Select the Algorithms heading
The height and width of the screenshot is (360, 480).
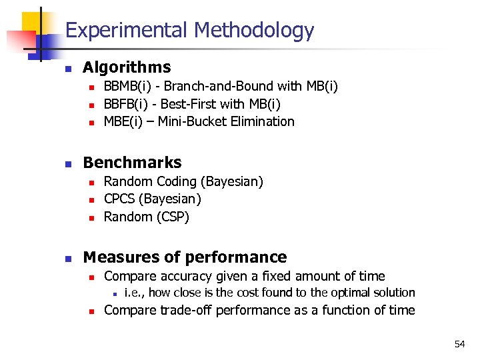127,67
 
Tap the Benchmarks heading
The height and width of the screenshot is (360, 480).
132,163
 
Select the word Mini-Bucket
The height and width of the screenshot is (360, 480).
197,121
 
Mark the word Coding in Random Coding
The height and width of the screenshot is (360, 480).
174,181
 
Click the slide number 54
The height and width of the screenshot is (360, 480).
459,344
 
